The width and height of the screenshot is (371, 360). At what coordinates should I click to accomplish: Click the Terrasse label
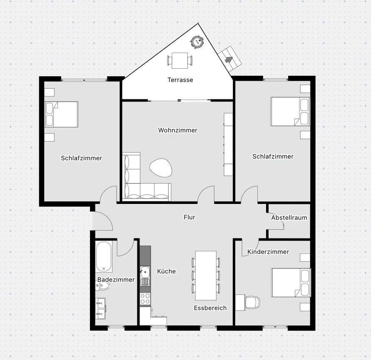180,79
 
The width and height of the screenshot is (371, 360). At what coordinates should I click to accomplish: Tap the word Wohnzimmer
178,130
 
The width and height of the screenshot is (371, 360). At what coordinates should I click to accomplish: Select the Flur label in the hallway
189,217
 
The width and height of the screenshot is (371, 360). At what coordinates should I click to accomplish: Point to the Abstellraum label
289,218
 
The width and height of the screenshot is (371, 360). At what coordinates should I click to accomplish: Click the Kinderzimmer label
268,252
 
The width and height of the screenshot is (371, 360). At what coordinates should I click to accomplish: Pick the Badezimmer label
116,280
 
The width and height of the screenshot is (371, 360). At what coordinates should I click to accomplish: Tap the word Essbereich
210,308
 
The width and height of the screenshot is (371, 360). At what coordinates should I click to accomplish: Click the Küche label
167,271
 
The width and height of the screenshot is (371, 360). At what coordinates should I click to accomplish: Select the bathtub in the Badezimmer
104,256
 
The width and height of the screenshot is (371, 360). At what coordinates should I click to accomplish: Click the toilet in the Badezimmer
104,286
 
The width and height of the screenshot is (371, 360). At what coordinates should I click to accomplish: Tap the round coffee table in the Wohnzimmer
160,168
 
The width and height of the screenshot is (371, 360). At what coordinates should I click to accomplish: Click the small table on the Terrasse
180,60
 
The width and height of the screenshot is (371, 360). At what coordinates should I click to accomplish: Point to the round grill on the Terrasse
197,41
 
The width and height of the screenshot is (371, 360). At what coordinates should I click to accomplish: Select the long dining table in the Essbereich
206,275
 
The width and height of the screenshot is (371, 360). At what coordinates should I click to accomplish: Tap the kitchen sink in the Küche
145,272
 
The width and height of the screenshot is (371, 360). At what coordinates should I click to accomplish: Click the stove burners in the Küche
145,299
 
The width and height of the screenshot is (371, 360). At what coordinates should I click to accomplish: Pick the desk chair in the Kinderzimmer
252,302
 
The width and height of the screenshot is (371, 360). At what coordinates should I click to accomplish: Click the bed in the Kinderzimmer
291,283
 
